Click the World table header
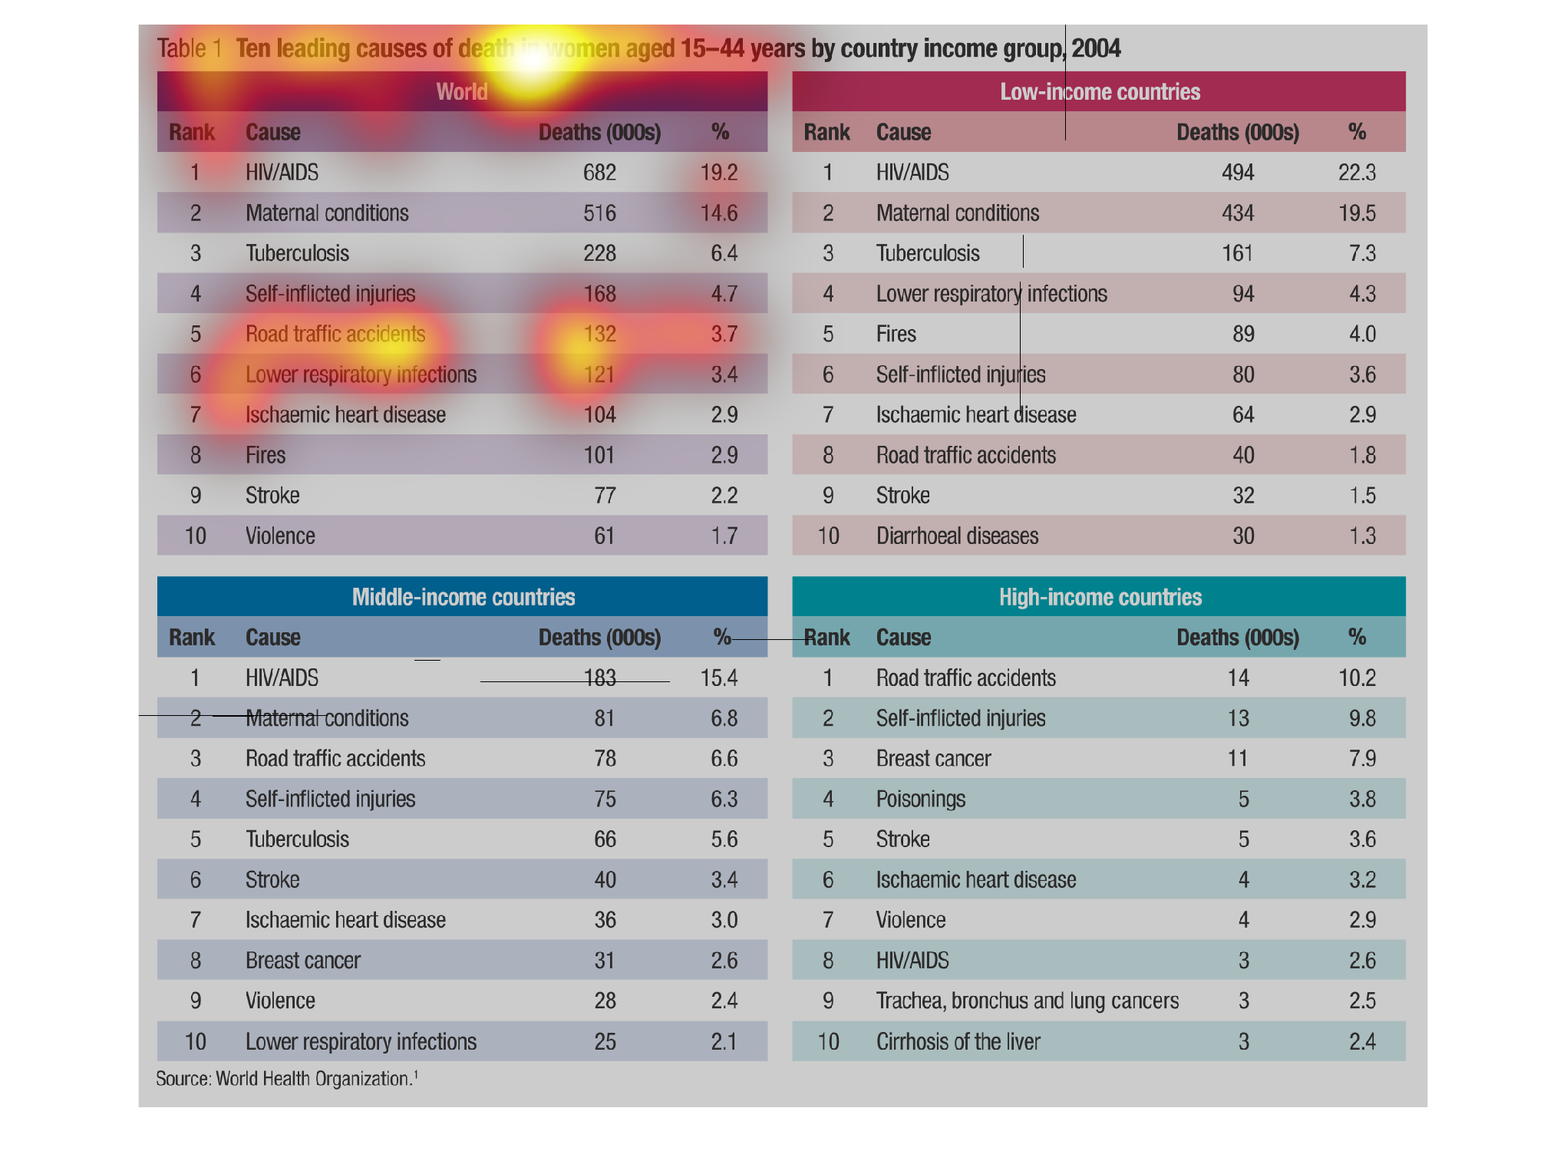coord(462,92)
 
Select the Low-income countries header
coord(1100,92)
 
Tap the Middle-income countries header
coord(463,597)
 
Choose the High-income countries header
coord(1100,597)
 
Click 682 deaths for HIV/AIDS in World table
coord(599,173)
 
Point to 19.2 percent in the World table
coord(719,173)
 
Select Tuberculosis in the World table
coord(297,253)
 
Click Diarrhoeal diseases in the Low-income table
coord(957,536)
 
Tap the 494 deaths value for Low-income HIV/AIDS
coord(1238,173)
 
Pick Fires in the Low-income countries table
coord(896,334)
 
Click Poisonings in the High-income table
coord(920,799)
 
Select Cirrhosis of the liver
coord(958,1041)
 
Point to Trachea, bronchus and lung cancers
coord(1027,1001)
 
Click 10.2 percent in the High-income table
coord(1357,678)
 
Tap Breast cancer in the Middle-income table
coord(302,960)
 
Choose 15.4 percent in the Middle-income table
coord(719,678)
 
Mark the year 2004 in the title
coord(1096,48)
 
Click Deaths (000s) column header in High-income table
coord(1237,637)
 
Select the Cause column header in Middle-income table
coord(272,637)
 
